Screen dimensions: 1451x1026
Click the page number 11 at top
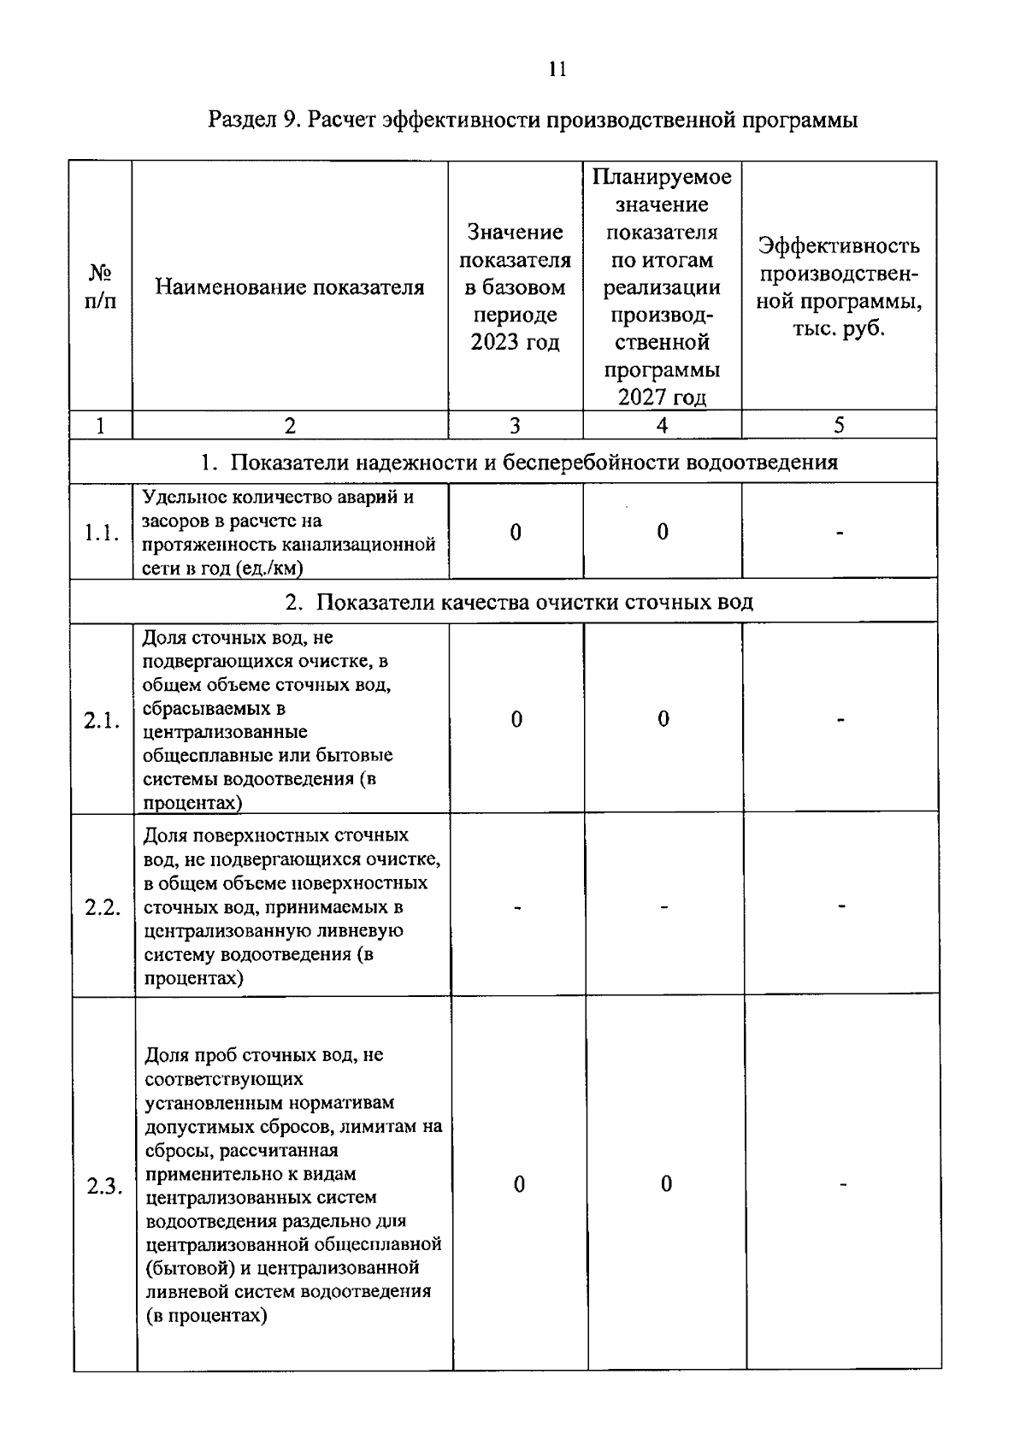[557, 70]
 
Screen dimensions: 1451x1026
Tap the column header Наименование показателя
[290, 287]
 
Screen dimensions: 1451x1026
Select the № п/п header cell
[101, 287]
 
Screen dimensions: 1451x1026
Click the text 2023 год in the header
[515, 343]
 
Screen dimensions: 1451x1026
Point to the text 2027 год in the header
[662, 398]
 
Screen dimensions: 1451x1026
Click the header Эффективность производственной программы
[839, 287]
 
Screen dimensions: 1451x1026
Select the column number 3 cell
[515, 426]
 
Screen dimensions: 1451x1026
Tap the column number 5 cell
[839, 426]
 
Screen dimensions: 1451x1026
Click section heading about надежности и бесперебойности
[519, 463]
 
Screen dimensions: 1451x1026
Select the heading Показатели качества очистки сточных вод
[519, 602]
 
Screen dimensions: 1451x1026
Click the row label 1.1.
[101, 534]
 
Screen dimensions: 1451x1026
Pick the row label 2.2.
[103, 907]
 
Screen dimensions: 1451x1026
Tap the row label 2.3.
[104, 1187]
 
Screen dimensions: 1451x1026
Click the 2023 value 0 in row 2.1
[516, 720]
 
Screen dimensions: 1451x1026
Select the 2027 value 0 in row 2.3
[666, 1184]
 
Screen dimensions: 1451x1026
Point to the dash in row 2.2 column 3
[517, 906]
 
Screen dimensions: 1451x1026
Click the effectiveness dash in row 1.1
[840, 534]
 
